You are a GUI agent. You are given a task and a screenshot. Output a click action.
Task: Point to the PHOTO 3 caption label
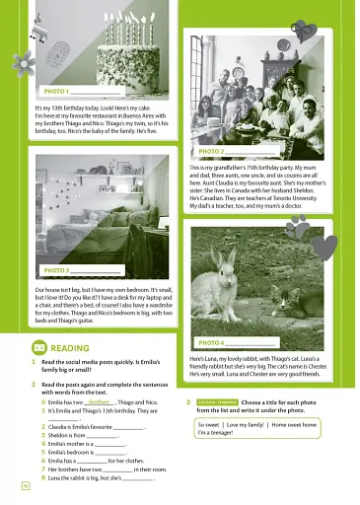[x=56, y=269]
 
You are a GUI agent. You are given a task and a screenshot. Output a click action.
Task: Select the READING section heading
[x=69, y=348]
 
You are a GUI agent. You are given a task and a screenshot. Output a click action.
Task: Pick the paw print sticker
[x=297, y=225]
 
